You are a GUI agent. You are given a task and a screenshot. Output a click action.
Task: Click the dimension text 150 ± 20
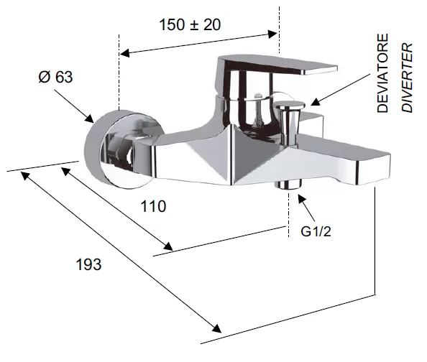(190, 24)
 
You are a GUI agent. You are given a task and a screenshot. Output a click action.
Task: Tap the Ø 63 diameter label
(55, 77)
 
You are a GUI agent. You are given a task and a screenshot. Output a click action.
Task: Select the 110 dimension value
(153, 206)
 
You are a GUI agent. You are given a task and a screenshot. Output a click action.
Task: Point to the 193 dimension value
(88, 264)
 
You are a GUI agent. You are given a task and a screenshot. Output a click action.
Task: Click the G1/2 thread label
(316, 231)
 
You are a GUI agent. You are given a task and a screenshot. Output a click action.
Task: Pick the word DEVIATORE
(382, 73)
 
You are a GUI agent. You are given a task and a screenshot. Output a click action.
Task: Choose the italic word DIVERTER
(407, 78)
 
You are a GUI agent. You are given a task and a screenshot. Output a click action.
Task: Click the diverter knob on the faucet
(290, 120)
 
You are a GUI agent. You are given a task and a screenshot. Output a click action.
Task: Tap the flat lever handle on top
(275, 65)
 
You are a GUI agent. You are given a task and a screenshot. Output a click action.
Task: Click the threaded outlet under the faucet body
(288, 184)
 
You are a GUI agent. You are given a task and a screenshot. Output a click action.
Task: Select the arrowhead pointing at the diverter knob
(316, 102)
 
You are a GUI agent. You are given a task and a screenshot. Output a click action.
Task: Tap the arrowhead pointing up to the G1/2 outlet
(301, 199)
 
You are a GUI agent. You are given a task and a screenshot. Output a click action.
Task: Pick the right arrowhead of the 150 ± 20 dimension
(272, 34)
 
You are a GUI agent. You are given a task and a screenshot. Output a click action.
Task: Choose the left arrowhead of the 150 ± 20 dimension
(125, 53)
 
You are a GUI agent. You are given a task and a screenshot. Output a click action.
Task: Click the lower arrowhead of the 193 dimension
(217, 328)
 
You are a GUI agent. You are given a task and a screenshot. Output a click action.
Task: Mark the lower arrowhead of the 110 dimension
(168, 246)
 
